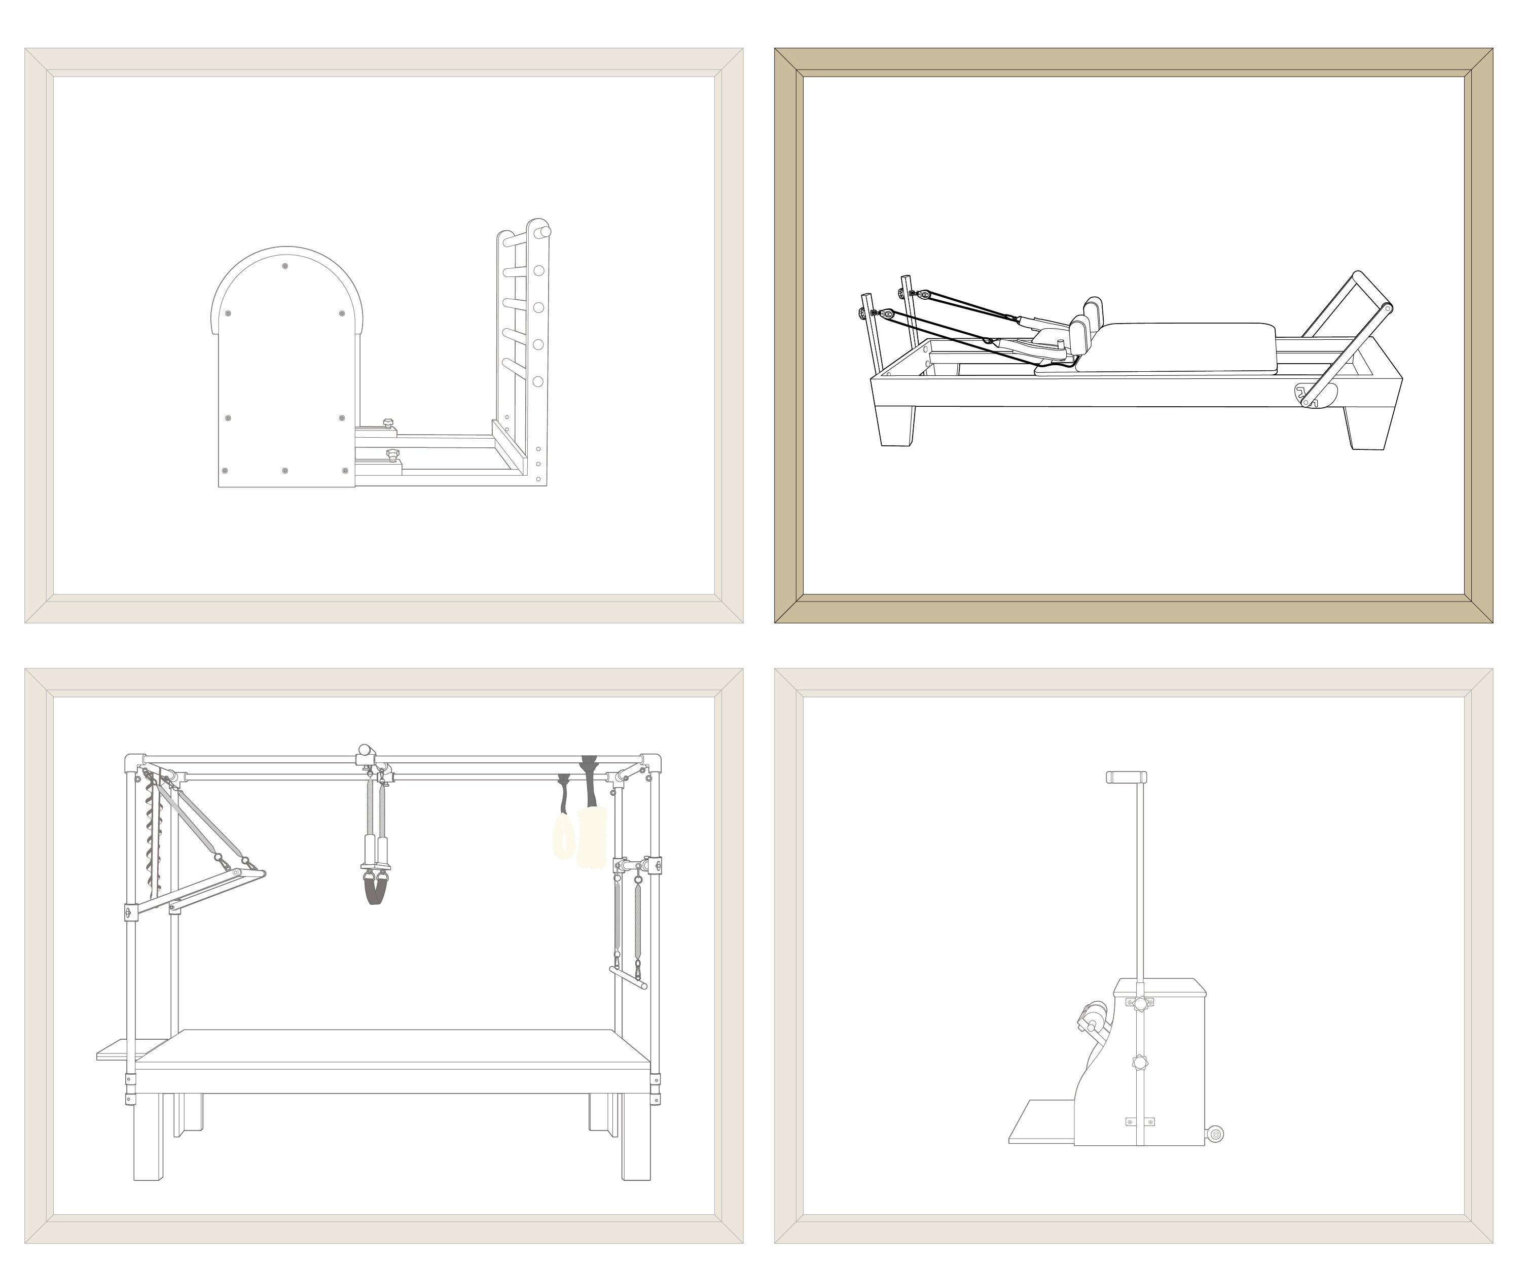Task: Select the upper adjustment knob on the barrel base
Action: (388, 422)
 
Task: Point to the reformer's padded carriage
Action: (1188, 346)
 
